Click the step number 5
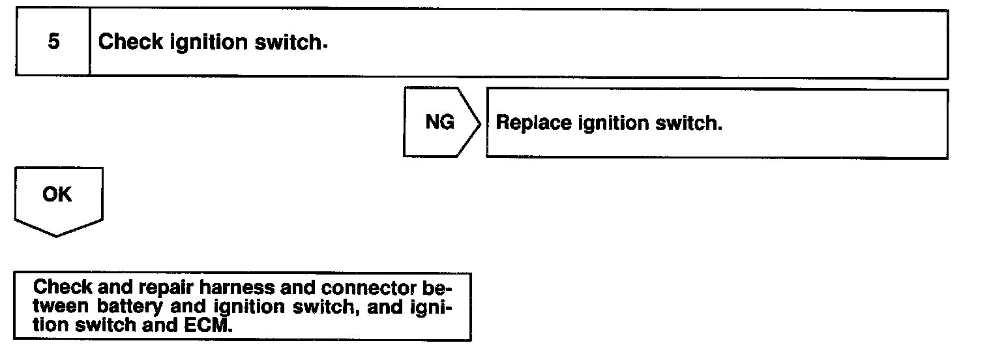coord(53,42)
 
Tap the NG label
coord(439,122)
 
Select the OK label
coord(57,194)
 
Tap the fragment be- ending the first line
coord(441,288)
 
